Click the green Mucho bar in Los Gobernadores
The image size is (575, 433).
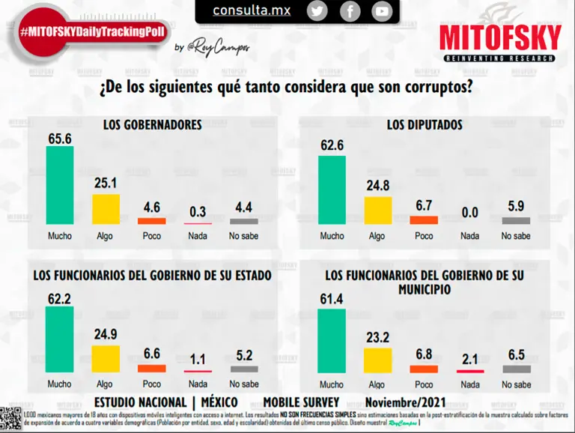60,185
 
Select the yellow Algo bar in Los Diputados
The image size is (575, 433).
378,210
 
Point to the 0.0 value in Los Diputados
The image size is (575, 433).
469,214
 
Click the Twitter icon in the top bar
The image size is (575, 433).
317,11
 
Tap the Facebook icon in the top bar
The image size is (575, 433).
350,11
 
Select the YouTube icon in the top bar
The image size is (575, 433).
382,11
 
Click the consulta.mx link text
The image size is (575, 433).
252,10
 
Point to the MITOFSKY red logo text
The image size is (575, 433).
500,38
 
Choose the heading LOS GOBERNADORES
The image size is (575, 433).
153,125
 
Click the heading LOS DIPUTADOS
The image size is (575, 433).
425,125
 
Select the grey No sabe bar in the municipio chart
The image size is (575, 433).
516,369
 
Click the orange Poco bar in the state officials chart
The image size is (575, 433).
152,369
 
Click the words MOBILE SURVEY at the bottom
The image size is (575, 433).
301,402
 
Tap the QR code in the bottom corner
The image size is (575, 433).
10,417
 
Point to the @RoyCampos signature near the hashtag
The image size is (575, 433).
220,47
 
